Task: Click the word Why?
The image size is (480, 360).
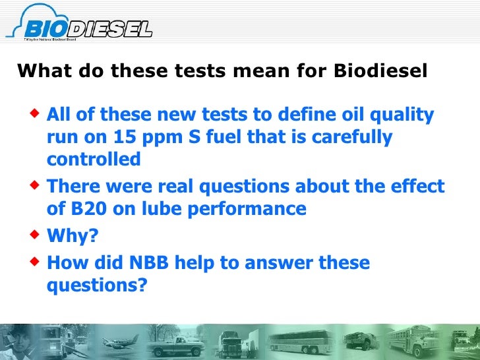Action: pyautogui.click(x=69, y=236)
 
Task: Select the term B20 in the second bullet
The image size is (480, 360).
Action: pyautogui.click(x=85, y=209)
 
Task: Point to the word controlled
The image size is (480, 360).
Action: pyautogui.click(x=94, y=160)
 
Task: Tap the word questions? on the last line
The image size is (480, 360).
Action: pyautogui.click(x=97, y=286)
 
